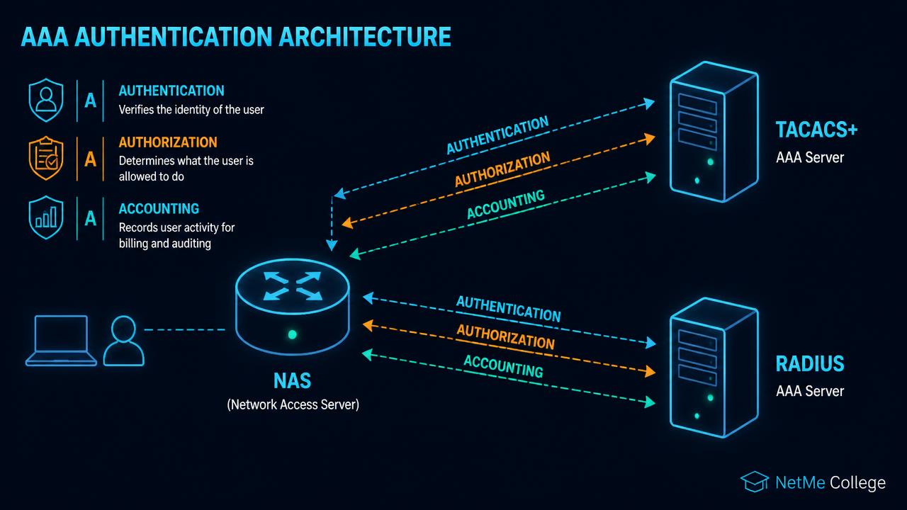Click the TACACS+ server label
pos(816,130)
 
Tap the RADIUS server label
pos(810,363)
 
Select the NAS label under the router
pos(292,380)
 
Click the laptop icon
pos(61,341)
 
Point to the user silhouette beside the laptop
pos(123,341)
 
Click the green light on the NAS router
pos(292,334)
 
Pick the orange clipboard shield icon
pos(46,158)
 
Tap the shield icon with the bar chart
pos(46,217)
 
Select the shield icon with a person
pos(46,100)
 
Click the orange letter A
pos(90,159)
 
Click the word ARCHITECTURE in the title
pos(365,36)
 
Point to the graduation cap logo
pos(755,481)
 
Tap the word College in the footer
pos(857,482)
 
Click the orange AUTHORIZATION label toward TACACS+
pos(502,169)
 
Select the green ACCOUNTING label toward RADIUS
pos(503,366)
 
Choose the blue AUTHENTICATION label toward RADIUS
pos(509,309)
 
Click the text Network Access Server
pos(293,404)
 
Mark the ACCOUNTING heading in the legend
pos(159,208)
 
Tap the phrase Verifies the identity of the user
pos(191,110)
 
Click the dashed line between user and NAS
pos(185,330)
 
